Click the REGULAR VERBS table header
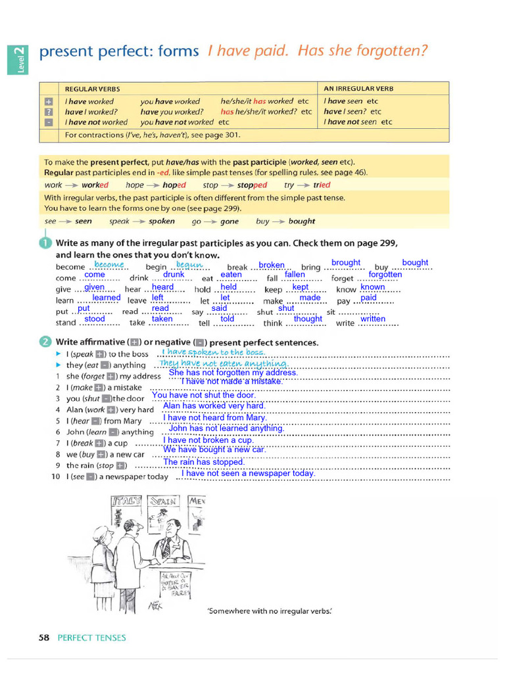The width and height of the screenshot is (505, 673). (x=92, y=89)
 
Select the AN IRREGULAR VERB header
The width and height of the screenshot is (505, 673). (x=358, y=89)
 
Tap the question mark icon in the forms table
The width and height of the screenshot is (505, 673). (x=48, y=112)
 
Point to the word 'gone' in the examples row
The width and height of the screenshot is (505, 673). (x=229, y=221)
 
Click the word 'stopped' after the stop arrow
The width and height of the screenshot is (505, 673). (x=252, y=185)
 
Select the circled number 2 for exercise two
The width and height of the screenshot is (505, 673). (x=45, y=342)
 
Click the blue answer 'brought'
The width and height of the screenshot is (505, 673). (x=346, y=263)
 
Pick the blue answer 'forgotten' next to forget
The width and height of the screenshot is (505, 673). (x=385, y=275)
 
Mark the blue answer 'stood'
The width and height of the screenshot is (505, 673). (x=95, y=319)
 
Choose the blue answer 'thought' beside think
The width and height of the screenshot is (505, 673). (x=308, y=319)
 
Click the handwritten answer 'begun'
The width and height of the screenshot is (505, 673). (x=190, y=264)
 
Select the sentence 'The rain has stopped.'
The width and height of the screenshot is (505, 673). (x=203, y=462)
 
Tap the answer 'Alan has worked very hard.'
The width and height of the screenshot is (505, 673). (x=214, y=406)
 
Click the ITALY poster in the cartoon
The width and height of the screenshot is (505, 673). (x=127, y=501)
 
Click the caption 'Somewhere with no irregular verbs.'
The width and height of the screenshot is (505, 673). (x=270, y=611)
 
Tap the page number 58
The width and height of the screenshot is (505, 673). (x=44, y=638)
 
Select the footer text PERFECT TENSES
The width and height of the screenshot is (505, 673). (x=91, y=638)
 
